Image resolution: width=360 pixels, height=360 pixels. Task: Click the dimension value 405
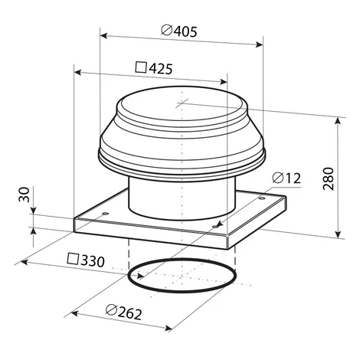185,31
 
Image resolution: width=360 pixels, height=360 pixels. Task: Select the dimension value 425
161,68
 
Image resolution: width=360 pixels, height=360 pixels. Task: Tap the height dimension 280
329,178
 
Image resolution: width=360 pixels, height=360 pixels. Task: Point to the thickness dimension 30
25,195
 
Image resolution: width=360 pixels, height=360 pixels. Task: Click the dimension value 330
93,261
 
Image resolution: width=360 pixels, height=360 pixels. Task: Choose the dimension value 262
129,313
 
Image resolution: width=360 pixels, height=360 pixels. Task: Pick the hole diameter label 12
293,178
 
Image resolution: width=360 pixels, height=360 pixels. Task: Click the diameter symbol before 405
167,30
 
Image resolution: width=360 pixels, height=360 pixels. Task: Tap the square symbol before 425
141,67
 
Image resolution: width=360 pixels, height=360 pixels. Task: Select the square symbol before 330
73,258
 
